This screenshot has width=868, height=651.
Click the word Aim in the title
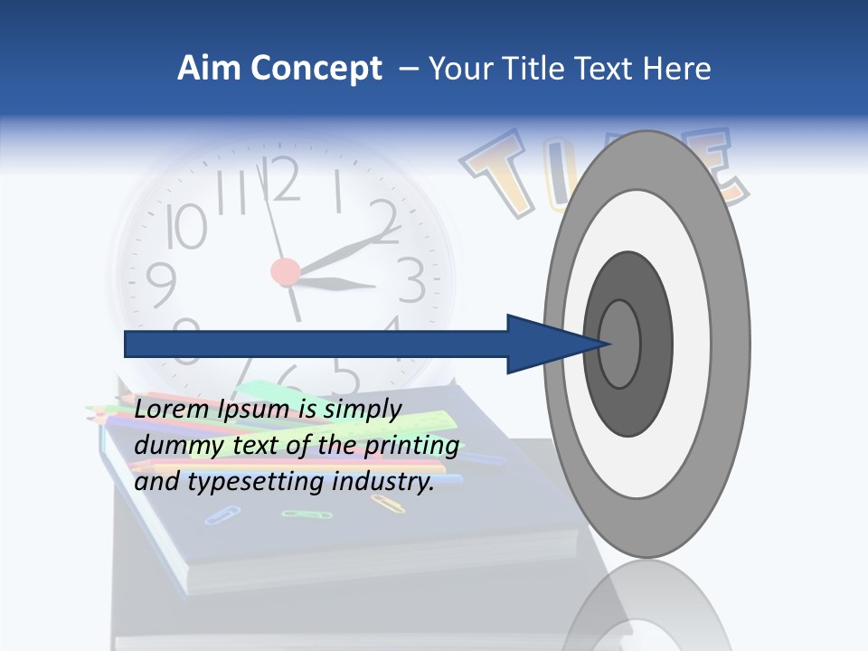(x=207, y=69)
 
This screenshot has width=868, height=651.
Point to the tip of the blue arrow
(x=611, y=344)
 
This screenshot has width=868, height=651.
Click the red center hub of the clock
(x=285, y=270)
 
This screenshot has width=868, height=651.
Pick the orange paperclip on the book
(x=387, y=503)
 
